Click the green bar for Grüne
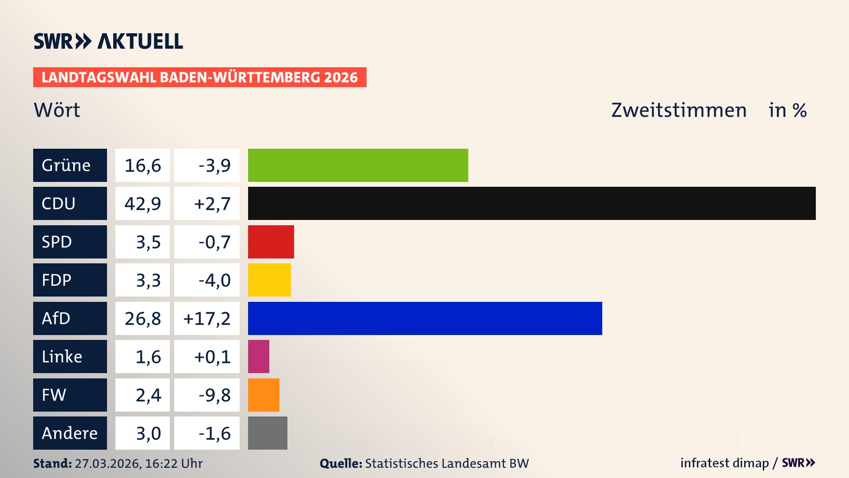click(358, 165)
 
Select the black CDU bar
click(532, 203)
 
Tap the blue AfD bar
click(425, 318)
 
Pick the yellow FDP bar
click(269, 280)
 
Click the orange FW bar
click(264, 395)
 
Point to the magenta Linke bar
click(259, 356)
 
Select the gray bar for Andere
click(268, 433)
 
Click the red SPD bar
click(271, 242)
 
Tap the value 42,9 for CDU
click(142, 204)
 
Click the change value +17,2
click(207, 319)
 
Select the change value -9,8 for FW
click(214, 395)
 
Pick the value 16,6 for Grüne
click(142, 166)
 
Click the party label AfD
click(56, 318)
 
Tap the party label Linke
click(62, 356)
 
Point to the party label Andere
click(69, 433)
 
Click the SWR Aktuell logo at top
click(108, 41)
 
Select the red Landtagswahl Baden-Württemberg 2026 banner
click(199, 77)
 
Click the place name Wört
click(57, 110)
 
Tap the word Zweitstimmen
click(679, 110)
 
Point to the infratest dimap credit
click(724, 463)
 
